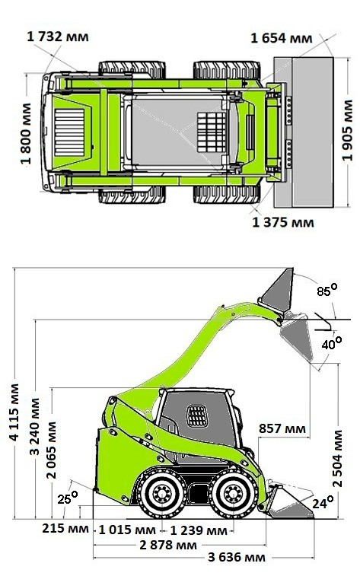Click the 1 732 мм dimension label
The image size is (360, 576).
tap(58, 37)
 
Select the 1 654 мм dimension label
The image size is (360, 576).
tap(282, 38)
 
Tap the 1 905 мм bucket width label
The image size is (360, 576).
tap(347, 131)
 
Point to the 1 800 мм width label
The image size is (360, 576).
tap(26, 134)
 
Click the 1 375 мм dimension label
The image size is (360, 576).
tap(283, 223)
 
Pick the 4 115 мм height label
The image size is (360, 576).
tap(14, 412)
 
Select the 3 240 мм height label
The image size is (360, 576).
tap(34, 427)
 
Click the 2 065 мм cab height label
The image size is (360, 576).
tap(52, 450)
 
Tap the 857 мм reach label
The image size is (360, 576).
tap(282, 428)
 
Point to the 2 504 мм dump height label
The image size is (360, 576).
tap(337, 459)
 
